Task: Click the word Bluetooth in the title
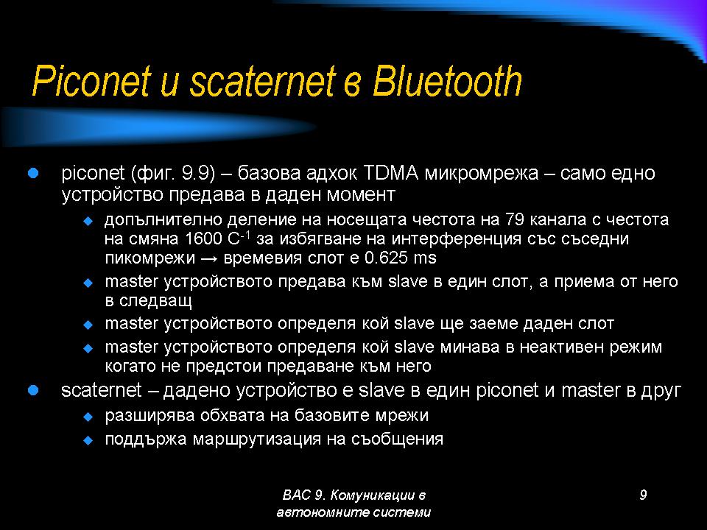pyautogui.click(x=447, y=81)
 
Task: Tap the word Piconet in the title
pyautogui.click(x=91, y=81)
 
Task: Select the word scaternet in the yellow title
pyautogui.click(x=263, y=81)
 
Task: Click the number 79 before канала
pyautogui.click(x=514, y=219)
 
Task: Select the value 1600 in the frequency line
pyautogui.click(x=204, y=239)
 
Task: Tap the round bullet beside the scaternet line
pyautogui.click(x=33, y=390)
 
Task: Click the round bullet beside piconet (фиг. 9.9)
pyautogui.click(x=33, y=173)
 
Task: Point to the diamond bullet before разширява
pyautogui.click(x=88, y=417)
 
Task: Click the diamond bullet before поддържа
pyautogui.click(x=88, y=440)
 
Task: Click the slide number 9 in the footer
pyautogui.click(x=643, y=495)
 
